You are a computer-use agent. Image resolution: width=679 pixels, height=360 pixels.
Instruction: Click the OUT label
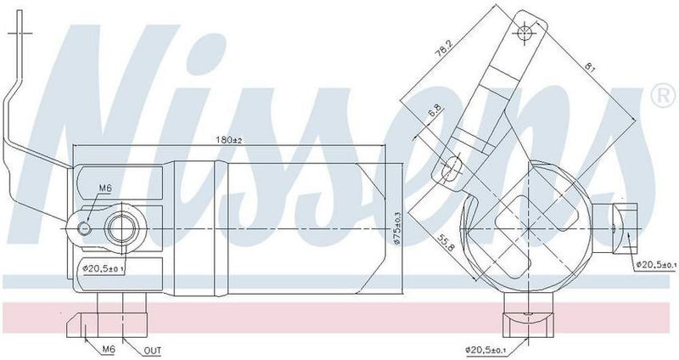click(x=154, y=348)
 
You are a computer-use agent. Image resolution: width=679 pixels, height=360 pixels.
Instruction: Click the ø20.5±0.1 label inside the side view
click(x=104, y=270)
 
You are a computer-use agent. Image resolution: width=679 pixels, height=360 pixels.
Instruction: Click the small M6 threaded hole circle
click(x=84, y=228)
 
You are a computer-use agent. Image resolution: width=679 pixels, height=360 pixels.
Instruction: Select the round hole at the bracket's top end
click(x=525, y=33)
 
